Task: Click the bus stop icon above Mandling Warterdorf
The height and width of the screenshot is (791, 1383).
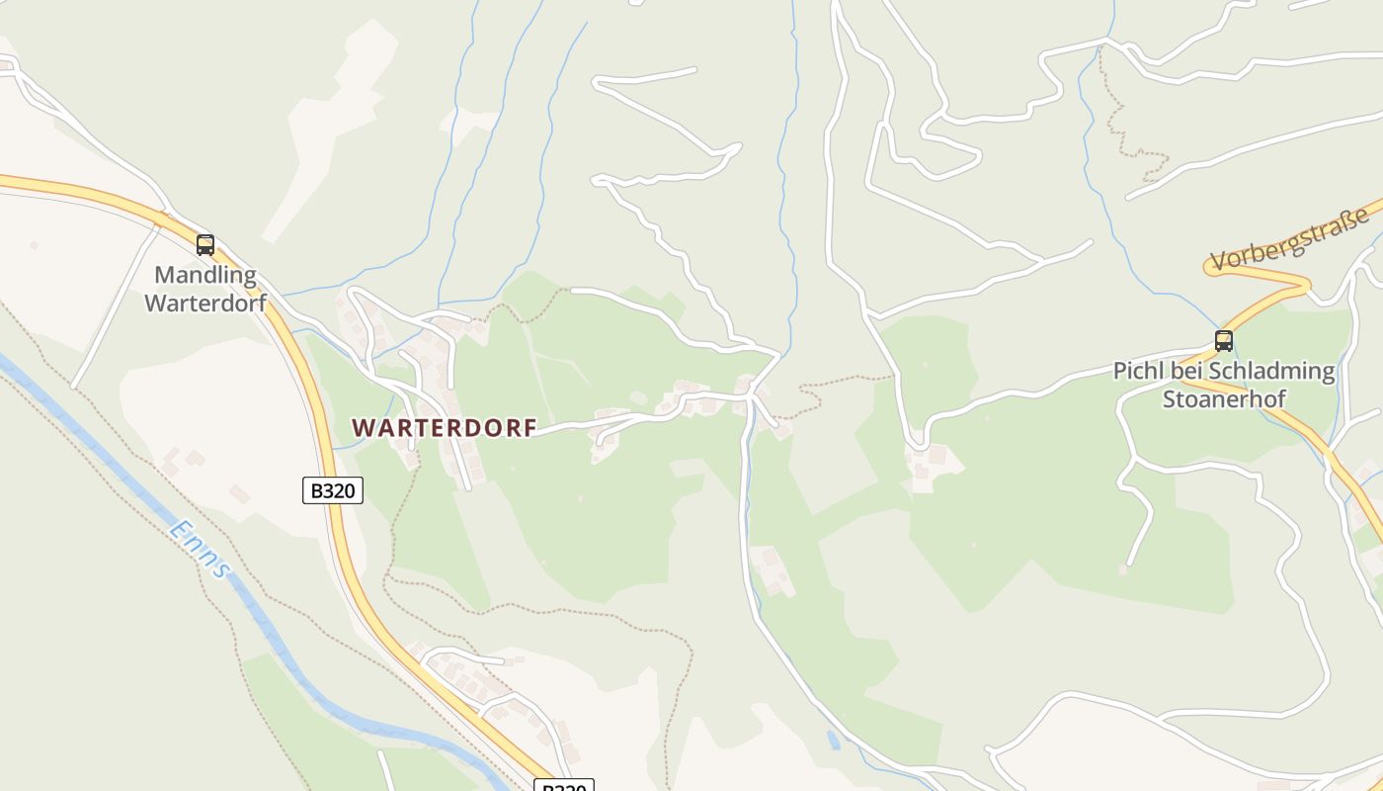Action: point(205,244)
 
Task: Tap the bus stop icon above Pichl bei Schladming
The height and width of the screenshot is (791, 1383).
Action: point(1224,341)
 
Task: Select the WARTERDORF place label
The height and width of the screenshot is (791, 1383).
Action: point(445,428)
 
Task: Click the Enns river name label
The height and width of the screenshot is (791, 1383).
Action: point(200,548)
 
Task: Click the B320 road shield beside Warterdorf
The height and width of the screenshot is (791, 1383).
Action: point(333,490)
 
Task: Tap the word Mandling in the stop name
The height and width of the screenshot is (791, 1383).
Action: point(205,275)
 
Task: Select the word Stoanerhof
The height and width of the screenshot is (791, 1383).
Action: point(1224,399)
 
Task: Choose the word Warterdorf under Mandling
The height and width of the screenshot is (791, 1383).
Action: point(205,303)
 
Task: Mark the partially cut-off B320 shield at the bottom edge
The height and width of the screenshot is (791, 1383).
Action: point(564,786)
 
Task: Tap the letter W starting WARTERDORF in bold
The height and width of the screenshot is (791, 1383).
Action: point(364,428)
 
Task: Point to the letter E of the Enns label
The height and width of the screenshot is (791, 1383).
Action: point(178,528)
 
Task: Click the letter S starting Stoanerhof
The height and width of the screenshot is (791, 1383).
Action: point(1169,399)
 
